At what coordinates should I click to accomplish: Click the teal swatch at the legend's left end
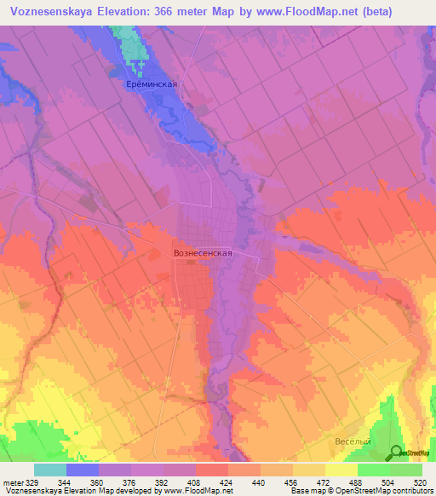click(50, 470)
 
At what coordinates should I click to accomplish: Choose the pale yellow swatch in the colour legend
click(341, 470)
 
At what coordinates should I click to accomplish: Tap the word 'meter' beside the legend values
click(14, 482)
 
